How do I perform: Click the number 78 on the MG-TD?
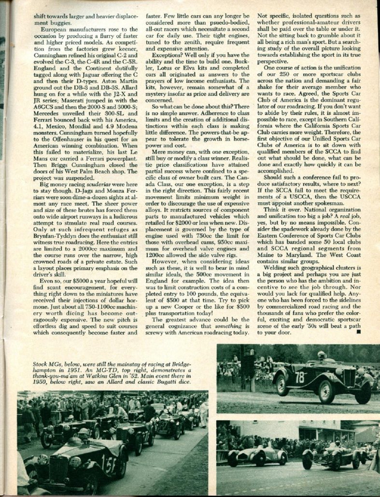(x=299, y=377)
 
